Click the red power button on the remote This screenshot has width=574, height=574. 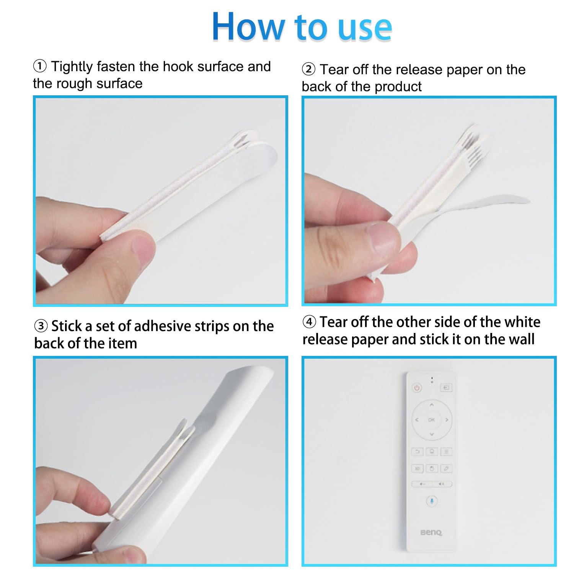click(417, 388)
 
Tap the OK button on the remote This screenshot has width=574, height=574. click(432, 420)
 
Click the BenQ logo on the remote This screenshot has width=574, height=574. click(431, 532)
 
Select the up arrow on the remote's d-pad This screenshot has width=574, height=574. click(432, 404)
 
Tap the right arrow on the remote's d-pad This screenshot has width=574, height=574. click(447, 420)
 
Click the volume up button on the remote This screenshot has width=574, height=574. click(442, 484)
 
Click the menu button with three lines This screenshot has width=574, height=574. click(446, 452)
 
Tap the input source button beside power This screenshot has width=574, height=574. click(446, 388)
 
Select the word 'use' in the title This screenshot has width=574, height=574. click(365, 29)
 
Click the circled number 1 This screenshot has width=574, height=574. click(40, 66)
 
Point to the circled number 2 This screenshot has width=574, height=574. click(308, 69)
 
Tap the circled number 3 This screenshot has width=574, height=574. click(41, 326)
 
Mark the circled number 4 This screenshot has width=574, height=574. click(309, 322)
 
